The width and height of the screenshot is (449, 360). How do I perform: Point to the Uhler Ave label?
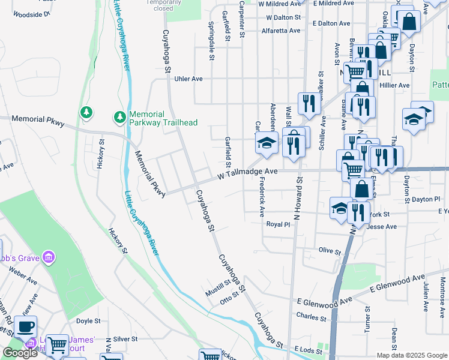pyautogui.click(x=188, y=79)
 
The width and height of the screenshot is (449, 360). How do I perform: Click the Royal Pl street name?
pyautogui.click(x=279, y=224)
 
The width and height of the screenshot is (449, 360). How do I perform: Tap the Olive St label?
pyautogui.click(x=330, y=250)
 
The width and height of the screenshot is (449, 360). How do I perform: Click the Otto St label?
pyautogui.click(x=229, y=298)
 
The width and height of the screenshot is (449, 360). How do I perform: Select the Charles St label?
pyautogui.click(x=310, y=316)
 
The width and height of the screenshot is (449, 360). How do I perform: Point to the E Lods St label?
pyautogui.click(x=309, y=349)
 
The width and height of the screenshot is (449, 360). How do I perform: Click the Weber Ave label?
pyautogui.click(x=23, y=277)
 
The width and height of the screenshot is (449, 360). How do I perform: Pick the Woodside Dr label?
pyautogui.click(x=31, y=13)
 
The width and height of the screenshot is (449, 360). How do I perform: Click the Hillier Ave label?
pyautogui.click(x=394, y=85)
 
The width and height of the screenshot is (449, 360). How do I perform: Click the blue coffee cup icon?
pyautogui.click(x=26, y=327)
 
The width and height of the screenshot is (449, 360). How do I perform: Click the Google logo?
pyautogui.click(x=20, y=353)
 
